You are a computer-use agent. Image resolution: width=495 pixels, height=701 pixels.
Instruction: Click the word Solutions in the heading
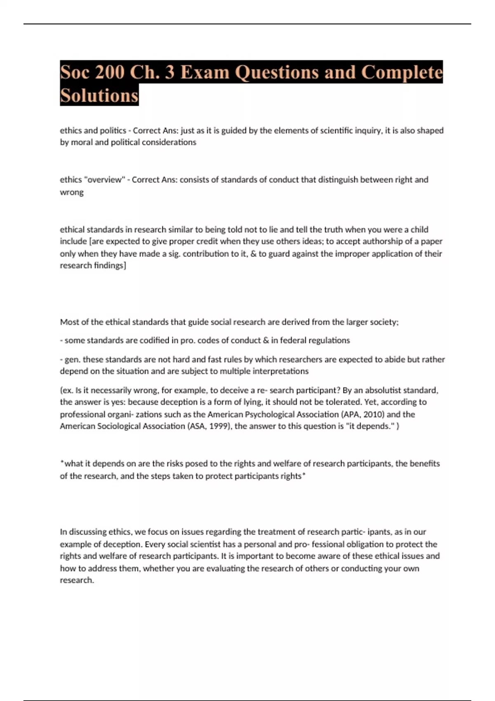[x=99, y=96]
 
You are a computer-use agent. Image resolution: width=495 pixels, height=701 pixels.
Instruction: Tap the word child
[x=419, y=229]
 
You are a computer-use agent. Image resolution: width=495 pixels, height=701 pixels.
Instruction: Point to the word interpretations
[x=280, y=371]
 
